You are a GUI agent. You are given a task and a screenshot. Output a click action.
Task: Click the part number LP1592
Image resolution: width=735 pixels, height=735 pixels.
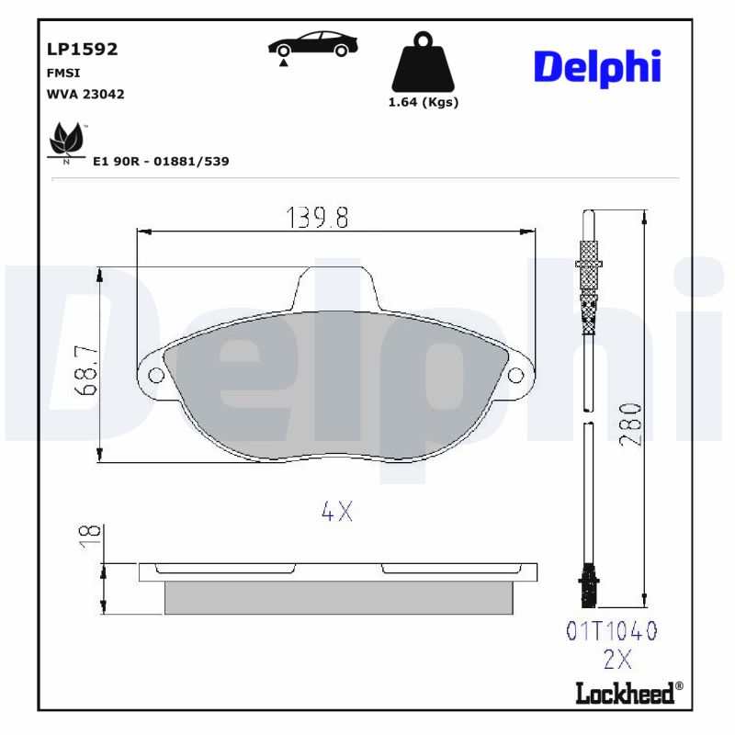pyautogui.click(x=82, y=50)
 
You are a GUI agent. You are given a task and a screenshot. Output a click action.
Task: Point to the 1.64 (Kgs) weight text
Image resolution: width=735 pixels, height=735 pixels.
pyautogui.click(x=424, y=102)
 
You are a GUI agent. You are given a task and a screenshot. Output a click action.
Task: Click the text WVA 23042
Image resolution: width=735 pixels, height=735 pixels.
pyautogui.click(x=85, y=94)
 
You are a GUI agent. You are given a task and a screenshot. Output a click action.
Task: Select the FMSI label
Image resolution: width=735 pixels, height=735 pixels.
pyautogui.click(x=62, y=73)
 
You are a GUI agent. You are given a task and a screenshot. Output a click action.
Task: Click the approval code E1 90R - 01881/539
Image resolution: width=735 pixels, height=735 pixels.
pyautogui.click(x=161, y=161)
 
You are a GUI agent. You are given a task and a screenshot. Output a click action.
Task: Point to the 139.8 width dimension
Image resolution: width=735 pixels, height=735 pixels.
pyautogui.click(x=318, y=218)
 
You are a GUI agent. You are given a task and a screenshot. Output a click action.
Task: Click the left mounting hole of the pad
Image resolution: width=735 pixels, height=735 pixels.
pyautogui.click(x=155, y=375)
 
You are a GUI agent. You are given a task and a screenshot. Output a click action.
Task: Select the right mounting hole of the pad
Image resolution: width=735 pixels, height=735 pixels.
pyautogui.click(x=516, y=375)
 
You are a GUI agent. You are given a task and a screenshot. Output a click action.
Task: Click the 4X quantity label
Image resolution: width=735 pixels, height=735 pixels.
pyautogui.click(x=337, y=513)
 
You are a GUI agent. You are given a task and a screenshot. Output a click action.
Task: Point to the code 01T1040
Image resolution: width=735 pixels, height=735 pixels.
pyautogui.click(x=612, y=631)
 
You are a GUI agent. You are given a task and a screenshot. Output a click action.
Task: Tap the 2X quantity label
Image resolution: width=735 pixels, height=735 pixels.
pyautogui.click(x=618, y=659)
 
